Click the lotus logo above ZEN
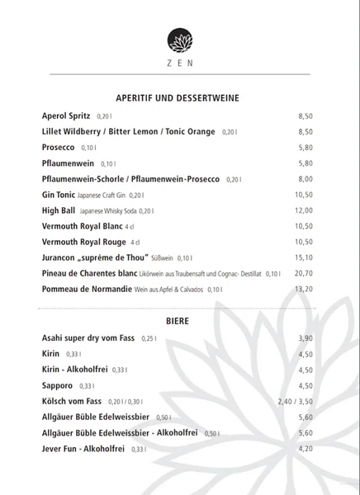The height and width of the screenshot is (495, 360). coord(179,40)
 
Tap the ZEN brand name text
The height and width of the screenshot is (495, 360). coord(179,63)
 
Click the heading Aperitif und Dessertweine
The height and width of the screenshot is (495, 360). coord(179,98)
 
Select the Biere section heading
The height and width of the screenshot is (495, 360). coord(179,320)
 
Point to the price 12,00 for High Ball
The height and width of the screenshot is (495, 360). coord(304,210)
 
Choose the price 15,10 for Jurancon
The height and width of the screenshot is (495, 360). coord(304,257)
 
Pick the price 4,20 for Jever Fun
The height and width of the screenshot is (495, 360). coord(305,448)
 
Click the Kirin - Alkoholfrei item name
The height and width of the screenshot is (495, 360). coord(75,370)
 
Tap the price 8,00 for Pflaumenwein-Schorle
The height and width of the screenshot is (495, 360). coord(305,179)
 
